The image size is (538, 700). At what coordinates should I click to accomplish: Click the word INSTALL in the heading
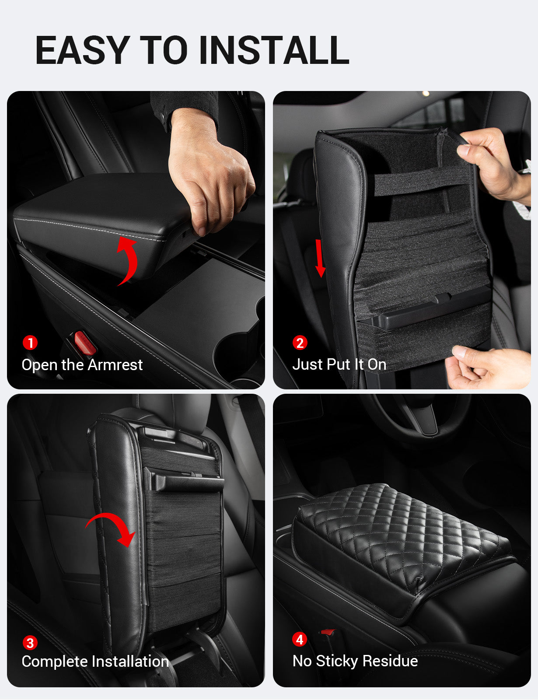274,50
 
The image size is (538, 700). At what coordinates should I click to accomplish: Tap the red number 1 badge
30,343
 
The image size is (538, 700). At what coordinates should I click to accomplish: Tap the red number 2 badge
300,343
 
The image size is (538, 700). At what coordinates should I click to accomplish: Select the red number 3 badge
30,643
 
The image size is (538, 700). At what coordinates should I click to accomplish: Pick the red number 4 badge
300,640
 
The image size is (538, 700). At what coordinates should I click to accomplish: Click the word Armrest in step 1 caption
117,364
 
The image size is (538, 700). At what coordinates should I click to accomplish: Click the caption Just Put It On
339,364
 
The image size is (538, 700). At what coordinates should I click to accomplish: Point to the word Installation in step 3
131,661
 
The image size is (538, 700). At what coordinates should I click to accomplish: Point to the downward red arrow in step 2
320,258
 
